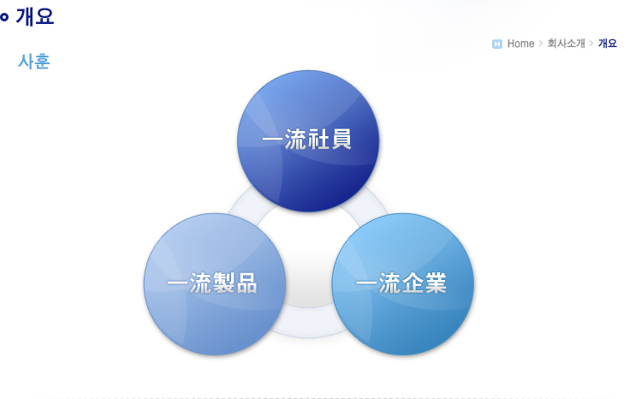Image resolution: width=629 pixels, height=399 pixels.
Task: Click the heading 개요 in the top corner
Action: (34, 17)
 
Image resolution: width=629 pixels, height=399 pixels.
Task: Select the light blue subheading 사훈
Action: (33, 62)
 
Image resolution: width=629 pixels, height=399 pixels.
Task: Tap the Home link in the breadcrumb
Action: (520, 44)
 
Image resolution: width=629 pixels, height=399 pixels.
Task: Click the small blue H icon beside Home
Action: (497, 44)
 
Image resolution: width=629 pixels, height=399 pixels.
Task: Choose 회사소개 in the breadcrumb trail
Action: (566, 43)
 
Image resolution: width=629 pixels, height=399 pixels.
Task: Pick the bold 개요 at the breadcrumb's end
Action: (608, 43)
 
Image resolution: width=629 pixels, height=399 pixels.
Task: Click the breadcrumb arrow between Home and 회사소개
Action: (541, 44)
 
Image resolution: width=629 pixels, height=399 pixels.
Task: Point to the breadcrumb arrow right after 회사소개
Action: (591, 44)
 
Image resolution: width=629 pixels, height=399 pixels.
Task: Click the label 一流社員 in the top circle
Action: (307, 140)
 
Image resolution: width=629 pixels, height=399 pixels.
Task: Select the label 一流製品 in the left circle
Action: (212, 283)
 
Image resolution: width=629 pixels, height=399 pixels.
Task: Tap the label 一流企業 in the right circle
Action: (401, 283)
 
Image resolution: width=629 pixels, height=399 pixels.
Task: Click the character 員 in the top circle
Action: (341, 140)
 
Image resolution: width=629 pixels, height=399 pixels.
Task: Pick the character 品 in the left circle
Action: (246, 283)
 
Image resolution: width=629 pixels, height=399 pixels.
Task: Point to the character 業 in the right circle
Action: (436, 283)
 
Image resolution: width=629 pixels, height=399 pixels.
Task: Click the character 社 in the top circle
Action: (318, 140)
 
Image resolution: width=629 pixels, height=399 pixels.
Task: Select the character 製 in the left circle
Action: (223, 283)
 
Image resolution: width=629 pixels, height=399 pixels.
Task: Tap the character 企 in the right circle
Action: (412, 283)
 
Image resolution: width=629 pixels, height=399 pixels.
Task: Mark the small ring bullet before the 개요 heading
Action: (4, 17)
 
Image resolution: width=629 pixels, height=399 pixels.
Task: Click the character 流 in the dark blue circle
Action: (295, 140)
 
